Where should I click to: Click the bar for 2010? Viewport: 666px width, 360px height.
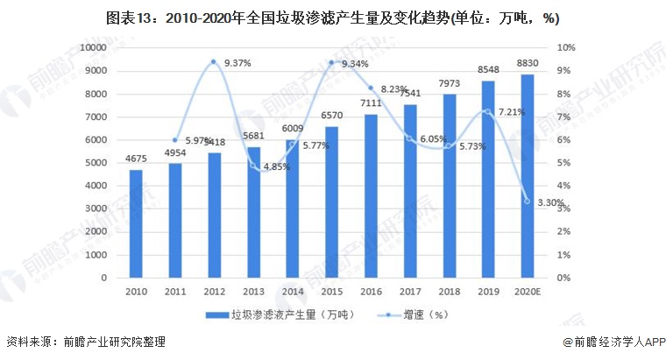pyautogui.click(x=136, y=223)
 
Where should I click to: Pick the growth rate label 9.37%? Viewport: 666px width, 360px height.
pyautogui.click(x=238, y=64)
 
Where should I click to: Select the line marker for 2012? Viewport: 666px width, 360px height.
pyautogui.click(x=213, y=61)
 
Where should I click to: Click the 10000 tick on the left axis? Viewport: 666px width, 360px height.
pyautogui.click(x=91, y=47)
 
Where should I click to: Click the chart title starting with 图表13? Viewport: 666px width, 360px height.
pyautogui.click(x=333, y=17)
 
